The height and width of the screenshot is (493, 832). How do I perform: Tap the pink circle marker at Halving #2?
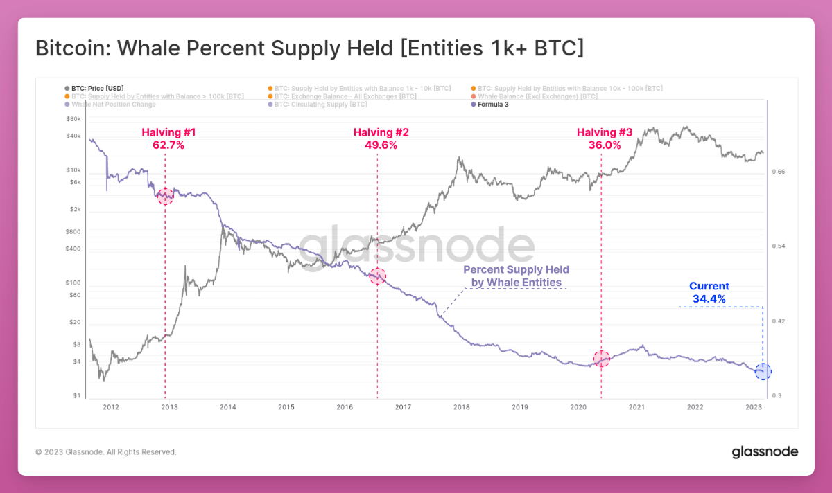pyautogui.click(x=377, y=276)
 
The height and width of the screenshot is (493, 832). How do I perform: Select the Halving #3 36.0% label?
pyautogui.click(x=605, y=138)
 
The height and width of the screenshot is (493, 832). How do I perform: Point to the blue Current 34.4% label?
pyautogui.click(x=709, y=292)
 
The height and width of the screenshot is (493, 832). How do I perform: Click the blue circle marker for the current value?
pyautogui.click(x=763, y=372)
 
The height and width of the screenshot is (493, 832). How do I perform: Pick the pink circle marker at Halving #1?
pyautogui.click(x=165, y=196)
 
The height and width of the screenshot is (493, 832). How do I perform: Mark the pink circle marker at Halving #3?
pyautogui.click(x=601, y=358)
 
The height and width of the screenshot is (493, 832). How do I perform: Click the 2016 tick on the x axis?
pyautogui.click(x=345, y=407)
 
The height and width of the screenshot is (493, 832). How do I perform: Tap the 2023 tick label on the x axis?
pyautogui.click(x=754, y=407)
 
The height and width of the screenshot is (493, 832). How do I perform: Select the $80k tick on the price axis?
pyautogui.click(x=73, y=119)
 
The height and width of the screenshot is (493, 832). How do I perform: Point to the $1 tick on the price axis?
pyautogui.click(x=77, y=396)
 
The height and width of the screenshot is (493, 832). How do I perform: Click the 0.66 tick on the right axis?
pyautogui.click(x=778, y=172)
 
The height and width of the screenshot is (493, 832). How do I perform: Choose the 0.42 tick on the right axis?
pyautogui.click(x=778, y=321)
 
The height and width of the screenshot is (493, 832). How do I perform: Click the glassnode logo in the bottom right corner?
pyautogui.click(x=765, y=452)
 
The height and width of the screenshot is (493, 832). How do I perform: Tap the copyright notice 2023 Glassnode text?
pyautogui.click(x=105, y=452)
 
